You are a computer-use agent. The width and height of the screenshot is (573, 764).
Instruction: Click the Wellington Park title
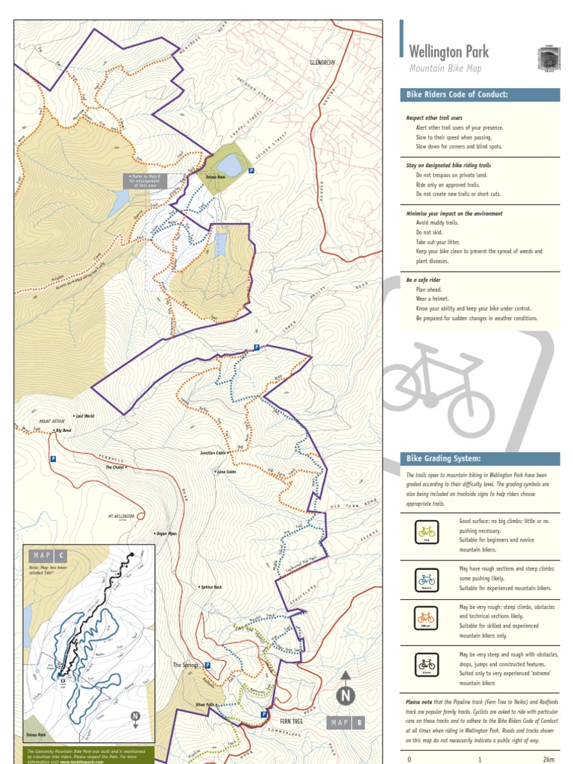point(449,51)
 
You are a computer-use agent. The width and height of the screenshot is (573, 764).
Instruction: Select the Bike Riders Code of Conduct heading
point(457,95)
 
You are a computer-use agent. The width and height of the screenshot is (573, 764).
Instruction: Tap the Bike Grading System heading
point(443,458)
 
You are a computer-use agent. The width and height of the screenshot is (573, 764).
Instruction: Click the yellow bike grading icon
point(426,533)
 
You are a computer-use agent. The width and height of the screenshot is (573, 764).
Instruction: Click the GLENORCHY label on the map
point(323,63)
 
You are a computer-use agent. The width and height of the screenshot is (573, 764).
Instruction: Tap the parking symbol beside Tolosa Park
point(251,171)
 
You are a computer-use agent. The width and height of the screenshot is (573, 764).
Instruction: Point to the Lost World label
point(84,416)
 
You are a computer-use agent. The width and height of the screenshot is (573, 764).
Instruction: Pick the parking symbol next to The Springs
point(207,665)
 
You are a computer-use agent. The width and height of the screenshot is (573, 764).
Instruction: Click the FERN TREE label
point(291,721)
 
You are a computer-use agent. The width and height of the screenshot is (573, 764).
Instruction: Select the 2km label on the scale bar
point(548,759)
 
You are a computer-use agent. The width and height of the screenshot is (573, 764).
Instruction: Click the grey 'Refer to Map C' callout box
point(142,181)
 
